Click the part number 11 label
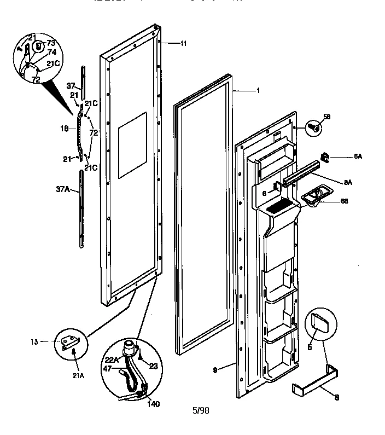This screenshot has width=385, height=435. point(183,43)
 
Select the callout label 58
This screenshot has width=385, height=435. point(327,117)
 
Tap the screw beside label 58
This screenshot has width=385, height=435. point(313,126)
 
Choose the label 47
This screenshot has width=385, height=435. point(108,369)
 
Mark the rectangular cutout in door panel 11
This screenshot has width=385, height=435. point(133,145)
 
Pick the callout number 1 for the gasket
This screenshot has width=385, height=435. point(258,90)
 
